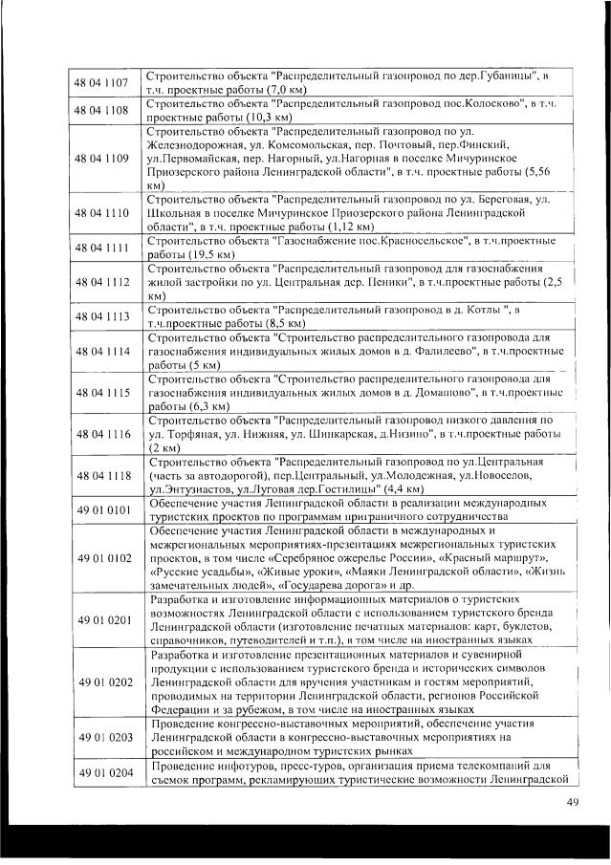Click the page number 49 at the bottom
click(x=573, y=801)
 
